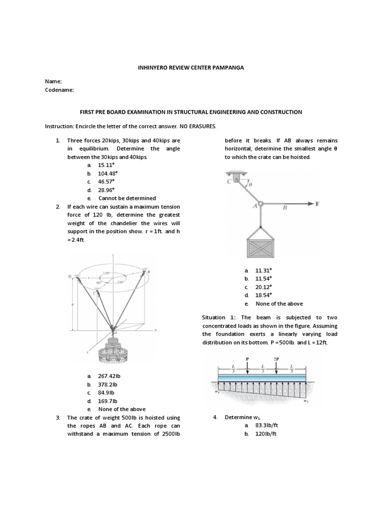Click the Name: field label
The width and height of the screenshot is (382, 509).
pyautogui.click(x=53, y=81)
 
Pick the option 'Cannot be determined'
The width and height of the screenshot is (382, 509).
pyautogui.click(x=127, y=198)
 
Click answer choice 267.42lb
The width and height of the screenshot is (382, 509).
pyautogui.click(x=110, y=376)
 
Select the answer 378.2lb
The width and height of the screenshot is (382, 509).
pyautogui.click(x=108, y=384)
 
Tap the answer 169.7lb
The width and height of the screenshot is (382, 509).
pyautogui.click(x=108, y=401)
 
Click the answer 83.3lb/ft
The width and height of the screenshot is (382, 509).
pyautogui.click(x=266, y=425)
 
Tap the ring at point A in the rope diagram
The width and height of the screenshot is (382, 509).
pyautogui.click(x=260, y=203)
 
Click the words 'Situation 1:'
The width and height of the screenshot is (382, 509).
pyautogui.click(x=218, y=317)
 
